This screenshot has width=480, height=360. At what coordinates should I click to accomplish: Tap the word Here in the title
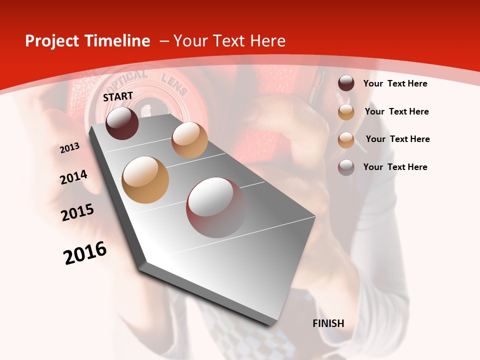[x=267, y=41]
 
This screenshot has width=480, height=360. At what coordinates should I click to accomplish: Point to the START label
[x=118, y=96]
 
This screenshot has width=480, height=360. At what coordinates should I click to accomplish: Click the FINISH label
[x=328, y=323]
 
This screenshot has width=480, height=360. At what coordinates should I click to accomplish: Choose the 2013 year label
[x=69, y=148]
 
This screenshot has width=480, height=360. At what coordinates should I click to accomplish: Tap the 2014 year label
[x=73, y=177]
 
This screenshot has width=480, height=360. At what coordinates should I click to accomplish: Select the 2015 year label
[x=77, y=212]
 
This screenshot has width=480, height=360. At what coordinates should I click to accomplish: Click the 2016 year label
[x=85, y=252]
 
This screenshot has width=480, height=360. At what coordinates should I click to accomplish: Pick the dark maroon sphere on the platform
[x=122, y=123]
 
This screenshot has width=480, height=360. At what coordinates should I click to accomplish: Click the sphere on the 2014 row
[x=189, y=139]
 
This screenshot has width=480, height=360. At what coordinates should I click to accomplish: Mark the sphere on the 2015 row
[x=145, y=179]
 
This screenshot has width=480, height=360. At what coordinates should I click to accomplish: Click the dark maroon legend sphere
[x=346, y=83]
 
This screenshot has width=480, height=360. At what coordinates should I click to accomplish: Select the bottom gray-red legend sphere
[x=346, y=167]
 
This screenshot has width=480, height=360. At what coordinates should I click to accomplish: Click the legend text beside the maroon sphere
[x=395, y=83]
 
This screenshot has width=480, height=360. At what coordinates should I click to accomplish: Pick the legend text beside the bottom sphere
[x=395, y=167]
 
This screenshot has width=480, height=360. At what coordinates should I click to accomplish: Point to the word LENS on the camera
[x=174, y=84]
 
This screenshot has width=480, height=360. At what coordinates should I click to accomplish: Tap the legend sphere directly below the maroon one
[x=346, y=112]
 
